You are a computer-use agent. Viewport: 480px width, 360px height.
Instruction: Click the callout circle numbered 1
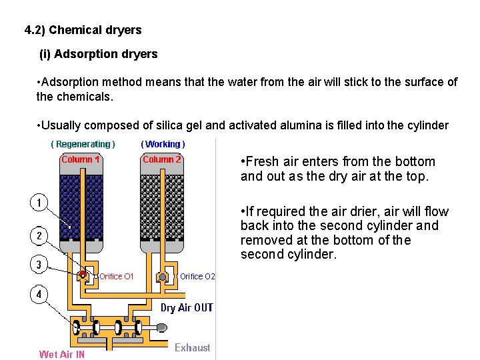(x=39, y=202)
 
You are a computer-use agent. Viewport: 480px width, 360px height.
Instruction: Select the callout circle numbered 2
(x=39, y=235)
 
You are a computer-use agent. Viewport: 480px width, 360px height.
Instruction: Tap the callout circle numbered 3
(x=39, y=265)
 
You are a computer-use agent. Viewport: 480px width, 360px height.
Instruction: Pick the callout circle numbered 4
(x=39, y=294)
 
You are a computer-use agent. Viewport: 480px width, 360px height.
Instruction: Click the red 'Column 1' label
(x=81, y=159)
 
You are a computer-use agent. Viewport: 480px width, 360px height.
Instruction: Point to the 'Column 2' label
(x=162, y=159)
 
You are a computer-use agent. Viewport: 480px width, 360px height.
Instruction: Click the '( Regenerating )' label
(x=83, y=144)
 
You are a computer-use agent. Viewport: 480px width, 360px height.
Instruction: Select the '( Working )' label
(x=163, y=144)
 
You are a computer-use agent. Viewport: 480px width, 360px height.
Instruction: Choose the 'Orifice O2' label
(x=197, y=277)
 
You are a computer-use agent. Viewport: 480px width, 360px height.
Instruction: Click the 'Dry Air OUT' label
(x=187, y=307)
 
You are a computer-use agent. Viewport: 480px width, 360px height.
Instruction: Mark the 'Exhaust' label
(x=192, y=347)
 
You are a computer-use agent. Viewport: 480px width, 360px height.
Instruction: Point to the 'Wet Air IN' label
(x=62, y=355)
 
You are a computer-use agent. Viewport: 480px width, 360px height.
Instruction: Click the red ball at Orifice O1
(x=83, y=275)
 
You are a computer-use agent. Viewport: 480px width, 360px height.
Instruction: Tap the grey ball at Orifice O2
(x=163, y=276)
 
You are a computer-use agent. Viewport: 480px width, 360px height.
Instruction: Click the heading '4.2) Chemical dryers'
(x=83, y=30)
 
